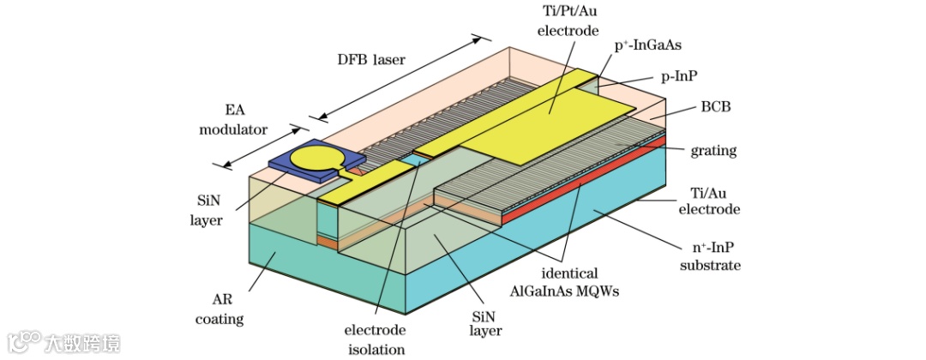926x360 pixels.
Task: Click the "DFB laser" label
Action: point(370,60)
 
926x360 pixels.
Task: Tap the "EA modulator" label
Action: point(233,120)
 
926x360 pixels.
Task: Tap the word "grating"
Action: point(713,151)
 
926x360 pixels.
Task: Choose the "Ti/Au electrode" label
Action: point(709,200)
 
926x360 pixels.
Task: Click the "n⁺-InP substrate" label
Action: point(710,256)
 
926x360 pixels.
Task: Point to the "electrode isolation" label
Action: point(375,339)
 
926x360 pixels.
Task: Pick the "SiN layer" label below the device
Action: point(484,322)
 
